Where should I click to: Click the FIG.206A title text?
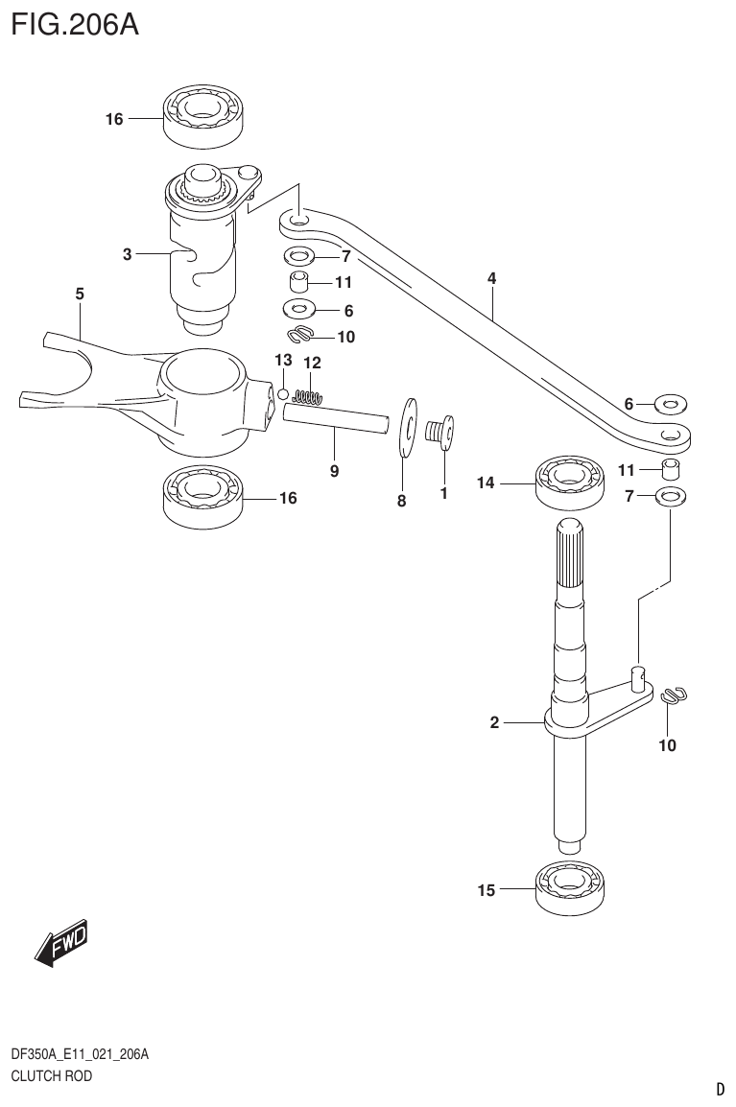[x=75, y=24]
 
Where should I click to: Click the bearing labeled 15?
[x=572, y=889]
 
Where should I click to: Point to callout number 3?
[x=127, y=254]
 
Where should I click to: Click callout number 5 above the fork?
[x=80, y=294]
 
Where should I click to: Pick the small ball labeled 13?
[x=283, y=393]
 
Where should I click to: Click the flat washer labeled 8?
[x=407, y=427]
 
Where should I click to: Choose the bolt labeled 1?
[x=441, y=431]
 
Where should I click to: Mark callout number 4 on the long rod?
[x=491, y=278]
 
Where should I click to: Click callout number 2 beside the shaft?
[x=495, y=723]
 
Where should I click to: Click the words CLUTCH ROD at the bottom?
[x=51, y=1076]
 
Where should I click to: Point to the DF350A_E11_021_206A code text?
[x=79, y=1055]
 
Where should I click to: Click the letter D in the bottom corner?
[x=720, y=1089]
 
